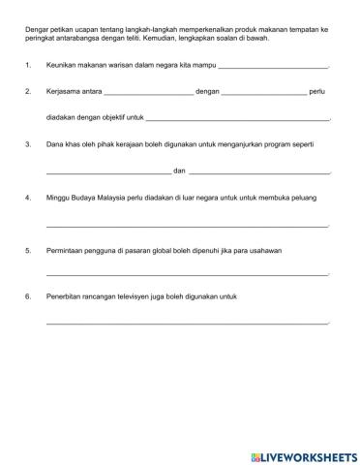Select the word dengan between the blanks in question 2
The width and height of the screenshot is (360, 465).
[x=207, y=92]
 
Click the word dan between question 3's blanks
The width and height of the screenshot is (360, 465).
[x=179, y=170]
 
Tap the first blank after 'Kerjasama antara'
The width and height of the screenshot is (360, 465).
[x=147, y=93]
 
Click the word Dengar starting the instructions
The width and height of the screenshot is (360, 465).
[x=38, y=30]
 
